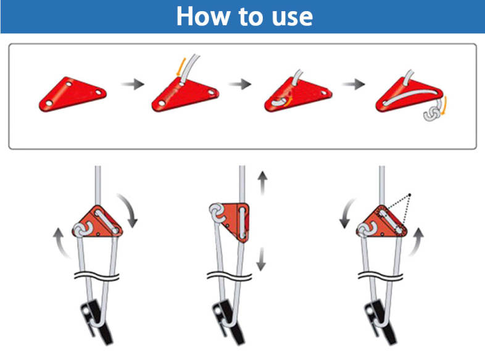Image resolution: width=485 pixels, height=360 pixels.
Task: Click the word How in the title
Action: (202, 16)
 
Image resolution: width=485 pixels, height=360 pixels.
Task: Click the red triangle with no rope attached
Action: (73, 94)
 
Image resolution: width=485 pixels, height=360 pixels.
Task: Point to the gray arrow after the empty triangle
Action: (133, 84)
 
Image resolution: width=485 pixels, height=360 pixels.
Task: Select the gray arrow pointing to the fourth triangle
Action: (354, 84)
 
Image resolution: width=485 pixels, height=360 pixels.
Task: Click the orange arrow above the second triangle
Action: (181, 67)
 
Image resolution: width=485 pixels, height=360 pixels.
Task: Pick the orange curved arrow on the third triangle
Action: (289, 102)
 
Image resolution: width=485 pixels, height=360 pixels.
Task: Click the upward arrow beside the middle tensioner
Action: (263, 183)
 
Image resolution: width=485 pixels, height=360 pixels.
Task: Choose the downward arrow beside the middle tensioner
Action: (262, 259)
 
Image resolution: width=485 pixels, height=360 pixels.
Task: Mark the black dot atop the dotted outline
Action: (410, 195)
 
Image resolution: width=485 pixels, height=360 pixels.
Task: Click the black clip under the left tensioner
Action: (96, 322)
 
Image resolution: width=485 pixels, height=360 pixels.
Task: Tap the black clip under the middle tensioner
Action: (227, 322)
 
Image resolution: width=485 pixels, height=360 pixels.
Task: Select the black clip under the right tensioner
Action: (380, 322)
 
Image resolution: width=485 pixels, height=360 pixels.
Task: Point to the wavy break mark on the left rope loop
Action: (96, 275)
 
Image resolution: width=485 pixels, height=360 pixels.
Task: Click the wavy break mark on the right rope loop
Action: (380, 275)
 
